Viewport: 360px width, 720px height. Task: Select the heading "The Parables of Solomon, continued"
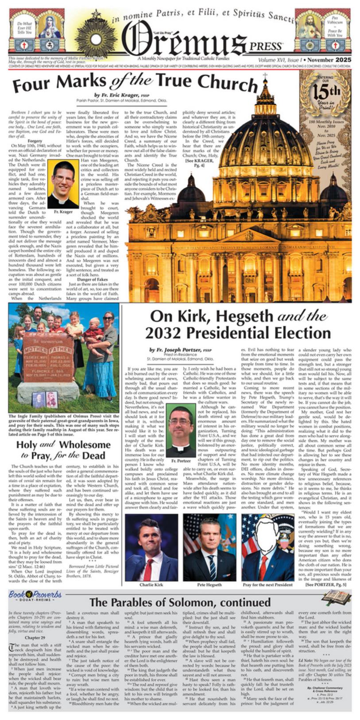(x=180, y=602)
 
